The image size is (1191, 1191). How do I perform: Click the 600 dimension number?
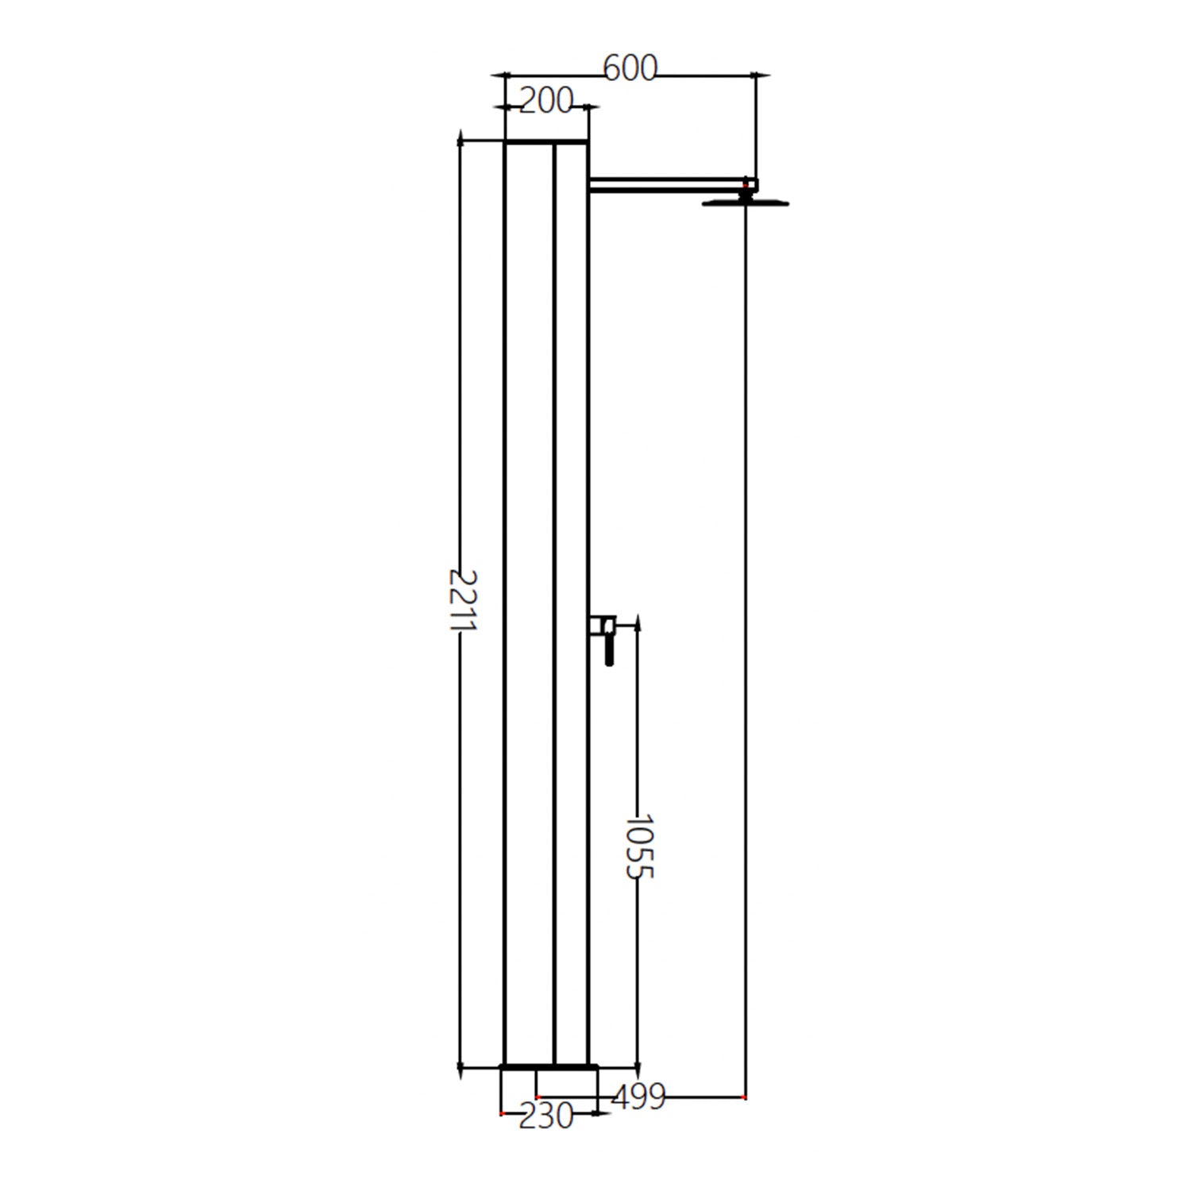coord(630,69)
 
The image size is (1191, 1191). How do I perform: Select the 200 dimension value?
coord(545,101)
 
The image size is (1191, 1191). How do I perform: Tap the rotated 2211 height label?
coord(461,599)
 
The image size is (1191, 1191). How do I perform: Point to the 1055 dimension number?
coord(638,845)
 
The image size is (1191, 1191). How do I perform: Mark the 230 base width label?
coord(545,1116)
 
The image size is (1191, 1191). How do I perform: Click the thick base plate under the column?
coord(548,1066)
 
